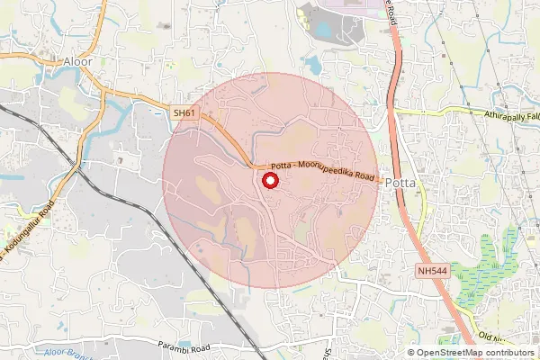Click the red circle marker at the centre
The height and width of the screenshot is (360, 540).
[x=269, y=182]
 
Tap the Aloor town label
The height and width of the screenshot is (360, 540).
[x=78, y=61]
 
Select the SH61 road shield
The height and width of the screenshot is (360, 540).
[x=184, y=112]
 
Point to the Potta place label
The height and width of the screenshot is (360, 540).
[x=399, y=183]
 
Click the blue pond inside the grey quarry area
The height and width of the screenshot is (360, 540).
[x=321, y=30]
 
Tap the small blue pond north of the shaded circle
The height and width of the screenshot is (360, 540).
[x=312, y=64]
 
